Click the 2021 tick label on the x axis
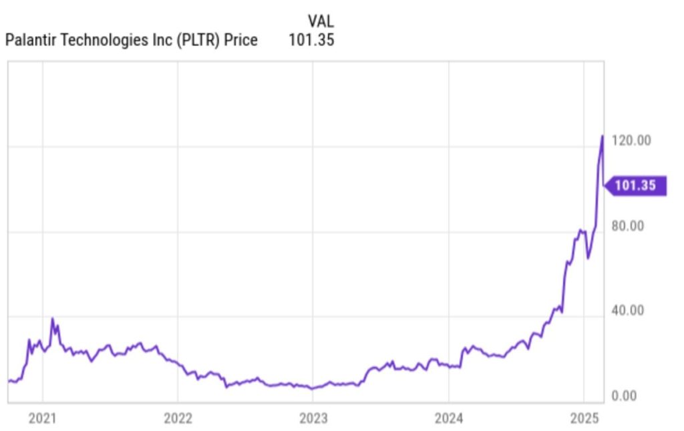(42, 419)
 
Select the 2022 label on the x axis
(178, 419)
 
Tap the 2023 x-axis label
(313, 419)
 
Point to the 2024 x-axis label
(448, 419)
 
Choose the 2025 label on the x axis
(584, 419)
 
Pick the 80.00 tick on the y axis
(627, 226)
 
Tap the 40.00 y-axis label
(627, 311)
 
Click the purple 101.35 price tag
(635, 186)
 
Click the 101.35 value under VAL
(311, 40)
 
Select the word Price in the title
(242, 40)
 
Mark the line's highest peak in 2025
(603, 136)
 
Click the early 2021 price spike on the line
(52, 319)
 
